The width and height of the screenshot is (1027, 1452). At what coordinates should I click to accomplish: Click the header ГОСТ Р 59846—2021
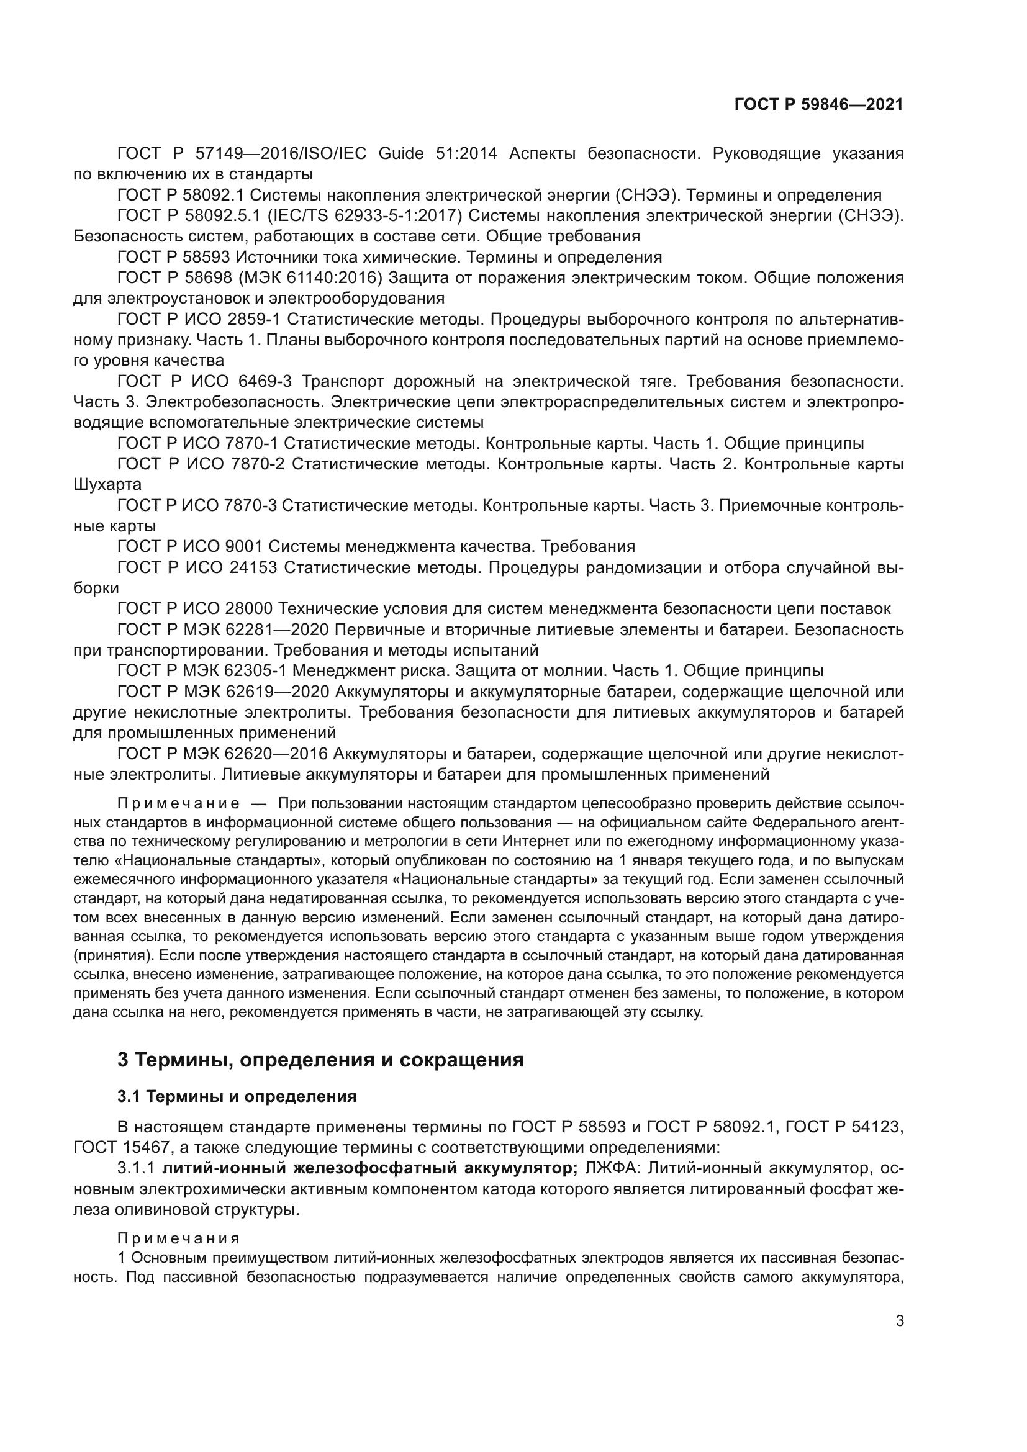click(x=818, y=105)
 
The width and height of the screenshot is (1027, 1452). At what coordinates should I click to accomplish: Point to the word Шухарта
click(x=107, y=485)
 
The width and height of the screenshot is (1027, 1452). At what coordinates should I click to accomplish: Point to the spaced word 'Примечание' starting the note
click(x=178, y=804)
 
